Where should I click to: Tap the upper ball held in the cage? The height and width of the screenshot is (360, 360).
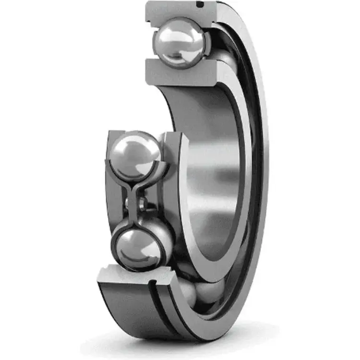point(135,156)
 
